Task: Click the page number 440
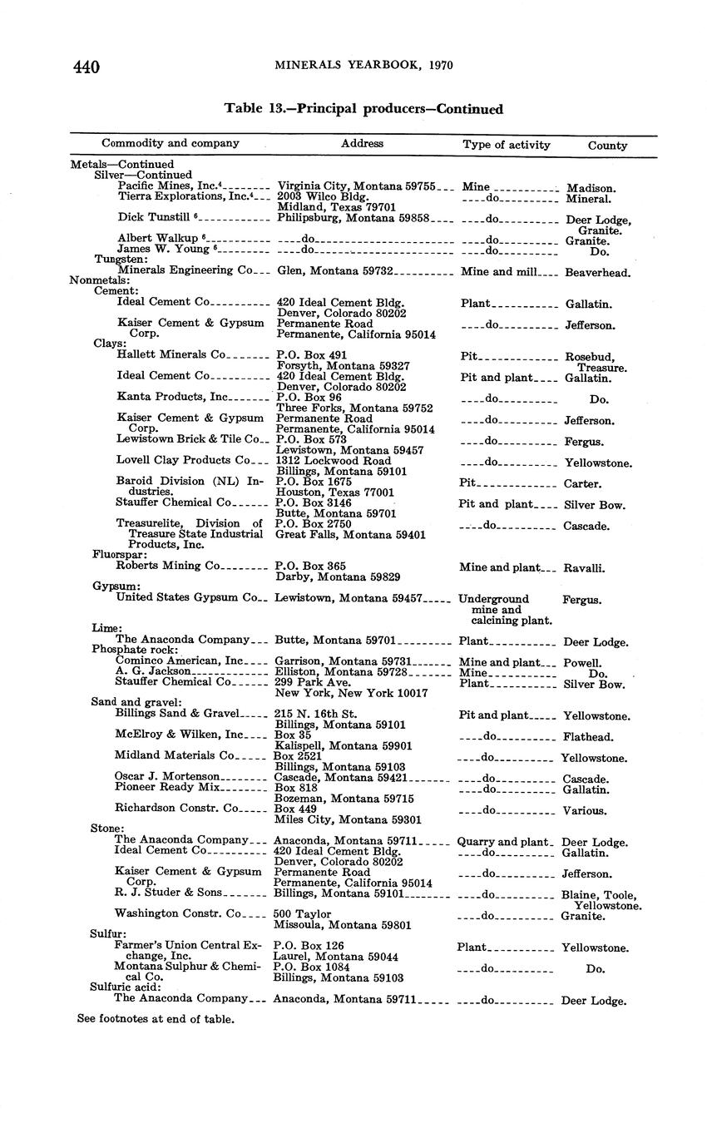click(87, 67)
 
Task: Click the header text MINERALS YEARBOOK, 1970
click(364, 66)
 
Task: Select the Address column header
click(362, 143)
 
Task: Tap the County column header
click(607, 145)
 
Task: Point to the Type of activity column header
click(507, 145)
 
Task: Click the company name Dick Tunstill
click(154, 218)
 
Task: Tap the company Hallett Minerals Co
click(171, 354)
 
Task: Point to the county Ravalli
click(585, 569)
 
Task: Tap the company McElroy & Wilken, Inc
click(178, 735)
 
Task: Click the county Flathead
click(588, 737)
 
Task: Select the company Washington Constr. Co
click(179, 913)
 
